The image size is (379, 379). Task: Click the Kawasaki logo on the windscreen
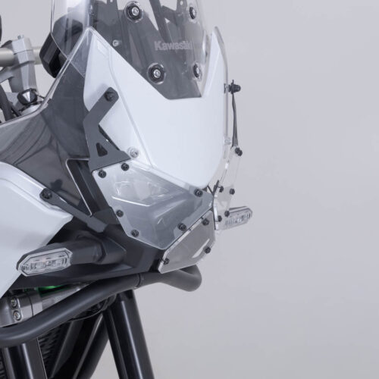point(174,46)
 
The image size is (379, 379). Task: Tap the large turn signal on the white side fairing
point(45,263)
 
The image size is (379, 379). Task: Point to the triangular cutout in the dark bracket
point(102,149)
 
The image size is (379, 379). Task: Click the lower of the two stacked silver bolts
point(17,315)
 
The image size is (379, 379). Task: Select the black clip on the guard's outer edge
point(236,88)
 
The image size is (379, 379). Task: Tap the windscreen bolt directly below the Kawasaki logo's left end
point(155,71)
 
